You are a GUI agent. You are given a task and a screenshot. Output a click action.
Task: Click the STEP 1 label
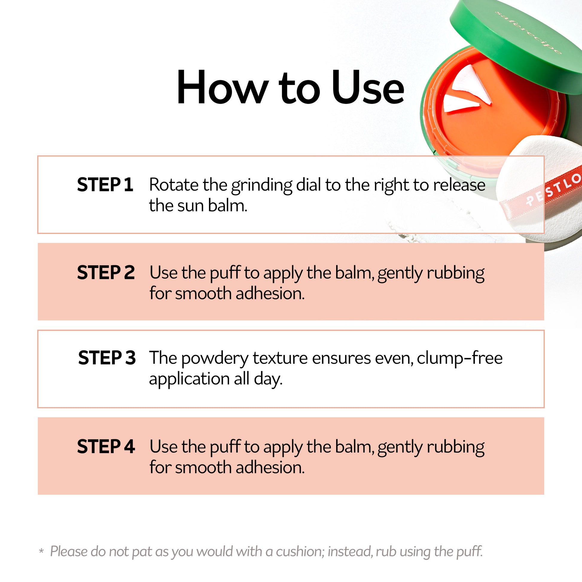pos(105,185)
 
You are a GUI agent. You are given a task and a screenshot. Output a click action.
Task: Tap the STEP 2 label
pos(106,272)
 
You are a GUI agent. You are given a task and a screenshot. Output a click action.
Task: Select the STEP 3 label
pos(107,358)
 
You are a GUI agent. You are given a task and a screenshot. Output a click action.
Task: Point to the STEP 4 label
pos(106,446)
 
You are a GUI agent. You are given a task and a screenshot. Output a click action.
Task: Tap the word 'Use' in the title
pos(368,87)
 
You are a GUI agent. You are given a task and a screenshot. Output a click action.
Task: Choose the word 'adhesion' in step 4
pos(270,467)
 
